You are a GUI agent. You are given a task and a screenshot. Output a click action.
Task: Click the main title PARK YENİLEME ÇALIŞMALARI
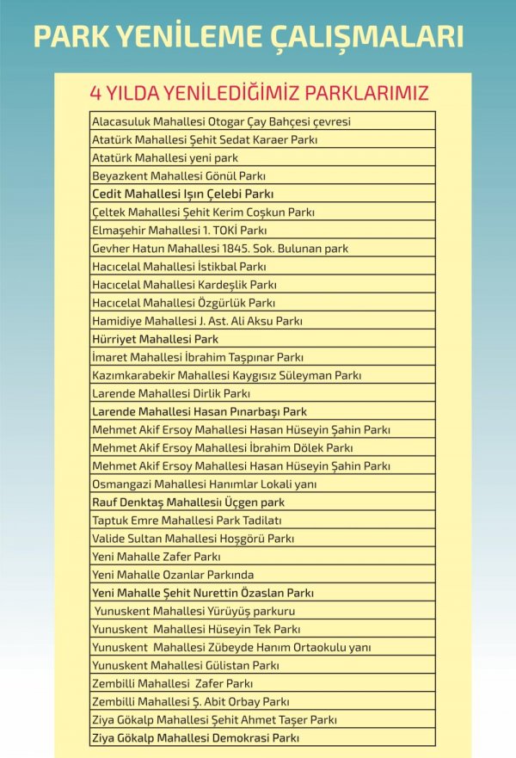(248, 36)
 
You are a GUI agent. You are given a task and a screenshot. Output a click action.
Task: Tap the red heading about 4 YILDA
(259, 92)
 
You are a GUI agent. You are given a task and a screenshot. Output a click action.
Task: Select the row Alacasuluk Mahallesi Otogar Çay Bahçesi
(221, 121)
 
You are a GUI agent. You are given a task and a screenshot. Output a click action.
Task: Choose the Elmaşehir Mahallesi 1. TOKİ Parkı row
(180, 231)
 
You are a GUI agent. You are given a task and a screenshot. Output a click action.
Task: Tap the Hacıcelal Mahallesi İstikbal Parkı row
(179, 267)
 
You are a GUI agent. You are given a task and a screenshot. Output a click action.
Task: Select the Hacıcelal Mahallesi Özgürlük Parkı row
(183, 303)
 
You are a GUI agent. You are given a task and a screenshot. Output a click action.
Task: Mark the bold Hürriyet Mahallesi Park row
(155, 339)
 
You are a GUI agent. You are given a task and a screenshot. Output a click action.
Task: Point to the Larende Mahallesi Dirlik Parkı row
(171, 393)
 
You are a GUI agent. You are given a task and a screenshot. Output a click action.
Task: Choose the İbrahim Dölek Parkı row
(222, 447)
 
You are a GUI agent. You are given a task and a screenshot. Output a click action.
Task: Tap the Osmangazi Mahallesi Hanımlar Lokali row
(205, 484)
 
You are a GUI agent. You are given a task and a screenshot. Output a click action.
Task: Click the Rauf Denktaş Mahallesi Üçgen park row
(187, 502)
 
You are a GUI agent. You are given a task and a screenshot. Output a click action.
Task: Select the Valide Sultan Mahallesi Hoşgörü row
(193, 539)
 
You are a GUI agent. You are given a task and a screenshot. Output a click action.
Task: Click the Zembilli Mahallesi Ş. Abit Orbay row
(190, 701)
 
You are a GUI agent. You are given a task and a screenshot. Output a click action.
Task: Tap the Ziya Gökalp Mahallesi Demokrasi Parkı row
(195, 737)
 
